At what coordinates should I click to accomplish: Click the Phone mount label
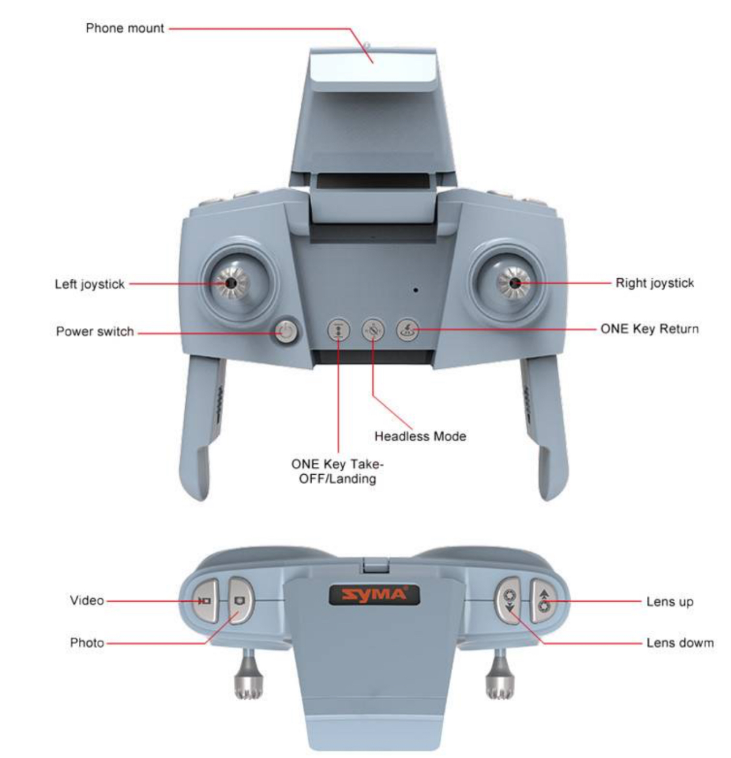125,28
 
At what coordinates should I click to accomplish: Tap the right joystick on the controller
515,283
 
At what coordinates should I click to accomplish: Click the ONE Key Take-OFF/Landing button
338,330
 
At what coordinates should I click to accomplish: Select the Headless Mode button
373,330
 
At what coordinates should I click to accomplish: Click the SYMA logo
375,595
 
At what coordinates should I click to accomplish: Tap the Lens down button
509,601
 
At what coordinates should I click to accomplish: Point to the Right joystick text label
654,283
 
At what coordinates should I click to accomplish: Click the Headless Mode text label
420,436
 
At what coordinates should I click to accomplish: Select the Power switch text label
95,331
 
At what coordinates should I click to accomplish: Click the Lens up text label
669,601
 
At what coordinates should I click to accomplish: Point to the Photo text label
87,642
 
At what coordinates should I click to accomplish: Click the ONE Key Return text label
649,329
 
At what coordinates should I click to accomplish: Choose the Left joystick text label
90,284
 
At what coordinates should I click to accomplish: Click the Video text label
87,600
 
